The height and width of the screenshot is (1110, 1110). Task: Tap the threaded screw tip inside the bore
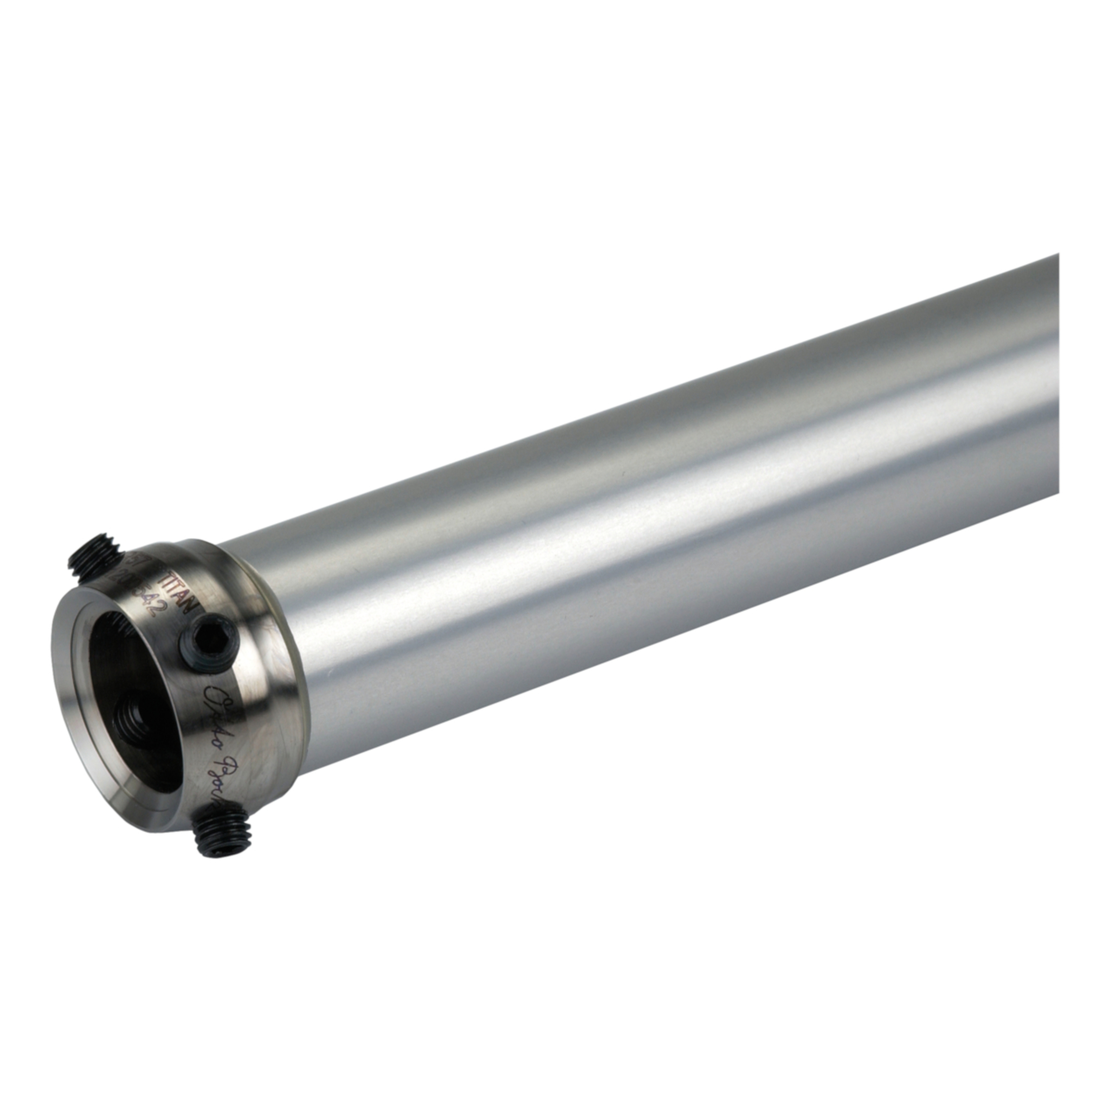click(132, 721)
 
